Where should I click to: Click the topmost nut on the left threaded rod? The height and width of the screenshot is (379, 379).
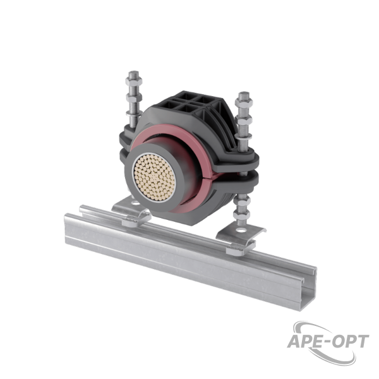(134, 80)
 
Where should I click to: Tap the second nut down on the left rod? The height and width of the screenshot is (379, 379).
(134, 97)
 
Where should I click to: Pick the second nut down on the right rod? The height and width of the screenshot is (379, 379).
(244, 121)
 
